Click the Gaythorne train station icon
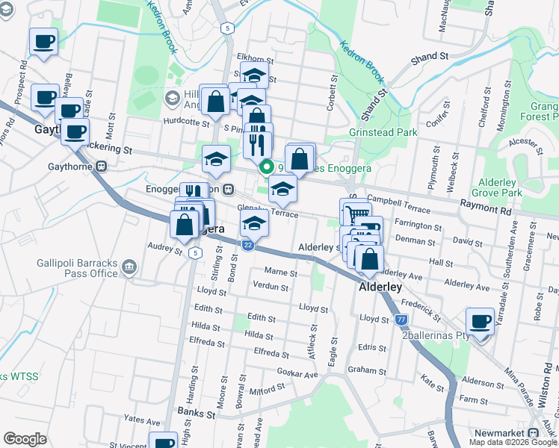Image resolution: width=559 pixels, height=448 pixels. click(x=99, y=167)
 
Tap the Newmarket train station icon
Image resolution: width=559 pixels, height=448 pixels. click(x=534, y=433)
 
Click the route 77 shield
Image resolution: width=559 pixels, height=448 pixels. click(x=401, y=320)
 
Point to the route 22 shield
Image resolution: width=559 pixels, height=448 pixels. click(x=248, y=243)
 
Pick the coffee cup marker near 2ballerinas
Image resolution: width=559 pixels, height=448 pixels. click(x=479, y=323)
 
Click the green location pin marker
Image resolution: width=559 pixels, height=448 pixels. click(x=265, y=167)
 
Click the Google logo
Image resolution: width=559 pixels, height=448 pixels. click(x=25, y=439)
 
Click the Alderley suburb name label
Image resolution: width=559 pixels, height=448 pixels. click(x=381, y=287)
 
